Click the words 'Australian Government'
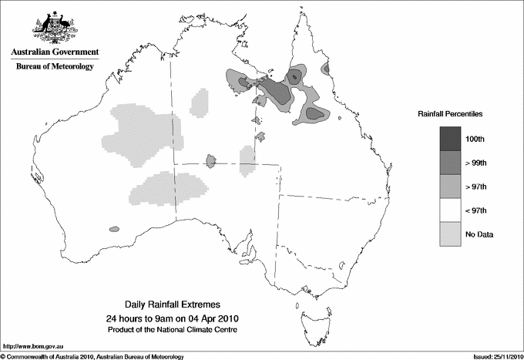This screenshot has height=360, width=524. click(54, 52)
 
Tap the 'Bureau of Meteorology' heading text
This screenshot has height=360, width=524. click(54, 67)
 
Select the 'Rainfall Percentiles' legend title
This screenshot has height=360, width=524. click(450, 114)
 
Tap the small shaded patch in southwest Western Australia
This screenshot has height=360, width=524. click(114, 229)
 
